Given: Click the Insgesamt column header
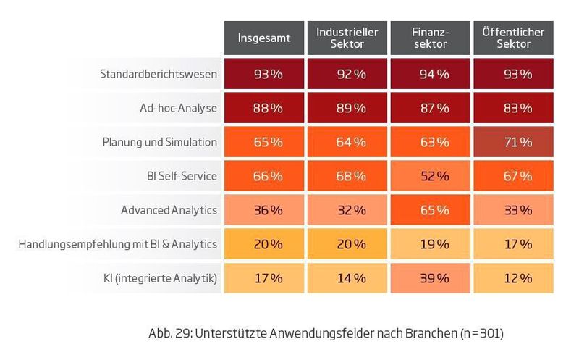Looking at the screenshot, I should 264,38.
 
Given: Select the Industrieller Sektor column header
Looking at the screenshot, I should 347,38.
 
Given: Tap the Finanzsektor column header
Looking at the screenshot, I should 430,38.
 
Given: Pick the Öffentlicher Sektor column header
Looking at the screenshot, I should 513,38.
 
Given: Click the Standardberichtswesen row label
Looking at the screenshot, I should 159,74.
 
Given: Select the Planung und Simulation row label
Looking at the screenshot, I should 159,142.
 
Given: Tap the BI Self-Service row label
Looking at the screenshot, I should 181,176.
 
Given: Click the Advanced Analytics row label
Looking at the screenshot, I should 169,210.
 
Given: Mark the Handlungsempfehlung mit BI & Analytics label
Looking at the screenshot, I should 117,244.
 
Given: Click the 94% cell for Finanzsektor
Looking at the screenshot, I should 430,74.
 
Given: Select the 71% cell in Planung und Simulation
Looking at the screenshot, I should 513,142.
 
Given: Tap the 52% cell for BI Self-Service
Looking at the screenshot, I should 430,176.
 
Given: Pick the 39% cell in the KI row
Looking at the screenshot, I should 430,278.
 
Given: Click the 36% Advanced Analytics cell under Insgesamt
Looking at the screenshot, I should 264,210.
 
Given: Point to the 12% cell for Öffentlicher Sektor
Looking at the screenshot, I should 513,278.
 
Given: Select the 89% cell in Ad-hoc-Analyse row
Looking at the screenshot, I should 347,108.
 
